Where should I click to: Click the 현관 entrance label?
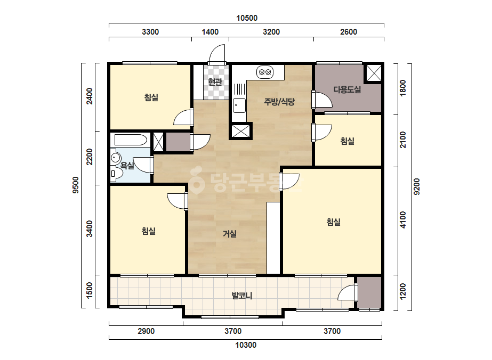[x=215, y=82]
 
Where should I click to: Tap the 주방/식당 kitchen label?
[x=279, y=101]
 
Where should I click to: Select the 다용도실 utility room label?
[x=347, y=89]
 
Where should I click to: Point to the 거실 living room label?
[x=230, y=234]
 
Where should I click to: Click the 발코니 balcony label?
[x=242, y=296]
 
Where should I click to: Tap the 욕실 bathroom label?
[x=127, y=165]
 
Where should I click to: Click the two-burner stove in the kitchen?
[x=265, y=72]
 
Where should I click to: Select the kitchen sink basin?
[x=239, y=105]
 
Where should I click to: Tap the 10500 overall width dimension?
[x=247, y=18]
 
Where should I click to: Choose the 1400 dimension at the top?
[x=210, y=31]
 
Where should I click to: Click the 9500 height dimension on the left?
[x=76, y=185]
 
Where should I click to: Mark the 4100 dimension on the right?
[x=403, y=220]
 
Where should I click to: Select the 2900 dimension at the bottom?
[x=146, y=331]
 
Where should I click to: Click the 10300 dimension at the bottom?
[x=246, y=345]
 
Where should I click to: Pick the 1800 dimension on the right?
[x=403, y=88]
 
